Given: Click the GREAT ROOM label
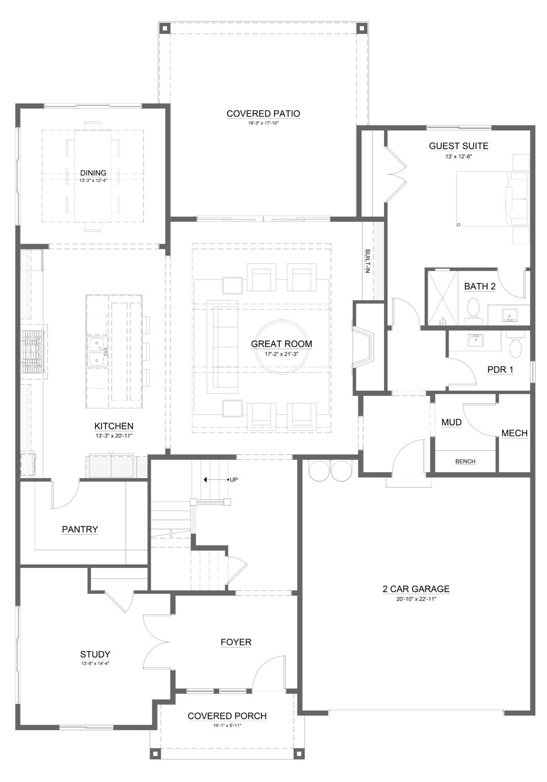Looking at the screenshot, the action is tap(282, 344).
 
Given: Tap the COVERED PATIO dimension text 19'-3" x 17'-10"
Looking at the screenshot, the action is tap(263, 123).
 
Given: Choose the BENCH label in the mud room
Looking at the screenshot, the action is tap(465, 462).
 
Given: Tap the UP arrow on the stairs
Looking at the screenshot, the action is tap(216, 480).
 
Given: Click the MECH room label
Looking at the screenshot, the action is tap(514, 433).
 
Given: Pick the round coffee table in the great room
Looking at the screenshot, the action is tap(282, 347).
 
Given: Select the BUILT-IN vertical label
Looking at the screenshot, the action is tap(367, 261).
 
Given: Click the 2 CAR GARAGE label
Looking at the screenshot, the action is tap(416, 589).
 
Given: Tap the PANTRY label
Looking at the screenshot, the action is tap(80, 529).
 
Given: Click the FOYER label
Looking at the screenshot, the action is tap(236, 642).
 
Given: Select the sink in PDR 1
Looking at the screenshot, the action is tap(475, 340).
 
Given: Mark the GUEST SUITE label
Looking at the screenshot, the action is tap(459, 146).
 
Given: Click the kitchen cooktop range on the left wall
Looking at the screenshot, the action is tap(34, 352).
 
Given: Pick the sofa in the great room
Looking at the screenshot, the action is tap(222, 347).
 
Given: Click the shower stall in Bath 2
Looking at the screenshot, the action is tap(442, 298).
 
